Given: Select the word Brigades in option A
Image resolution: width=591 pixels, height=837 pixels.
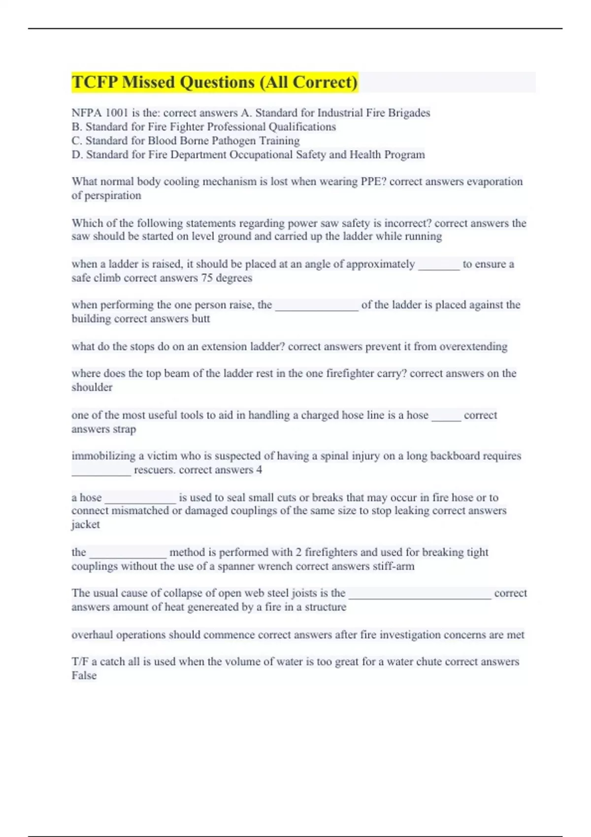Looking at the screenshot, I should pyautogui.click(x=409, y=113).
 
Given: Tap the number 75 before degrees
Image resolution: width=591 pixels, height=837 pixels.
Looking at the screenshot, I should pyautogui.click(x=207, y=278).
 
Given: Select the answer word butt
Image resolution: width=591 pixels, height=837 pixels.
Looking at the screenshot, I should pyautogui.click(x=200, y=319).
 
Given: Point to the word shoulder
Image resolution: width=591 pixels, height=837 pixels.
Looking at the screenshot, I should pyautogui.click(x=92, y=387).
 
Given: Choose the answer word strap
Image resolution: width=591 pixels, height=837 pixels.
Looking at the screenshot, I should pyautogui.click(x=124, y=429).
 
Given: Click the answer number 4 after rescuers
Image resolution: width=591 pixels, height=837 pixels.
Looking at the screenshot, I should pyautogui.click(x=259, y=470).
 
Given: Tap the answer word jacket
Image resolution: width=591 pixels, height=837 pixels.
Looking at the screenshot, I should pyautogui.click(x=86, y=525).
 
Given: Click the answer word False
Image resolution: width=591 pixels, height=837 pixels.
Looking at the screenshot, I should pyautogui.click(x=84, y=676).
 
